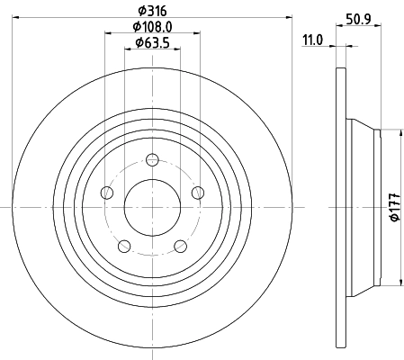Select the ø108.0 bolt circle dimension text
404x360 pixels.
151,27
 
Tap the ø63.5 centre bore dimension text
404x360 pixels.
151,43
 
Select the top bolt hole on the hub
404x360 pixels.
152,160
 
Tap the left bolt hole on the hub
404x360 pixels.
108,192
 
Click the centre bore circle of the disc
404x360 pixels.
152,207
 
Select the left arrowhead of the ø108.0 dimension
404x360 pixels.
110,33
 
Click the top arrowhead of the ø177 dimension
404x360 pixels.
384,133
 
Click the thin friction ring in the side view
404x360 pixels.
339,207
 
